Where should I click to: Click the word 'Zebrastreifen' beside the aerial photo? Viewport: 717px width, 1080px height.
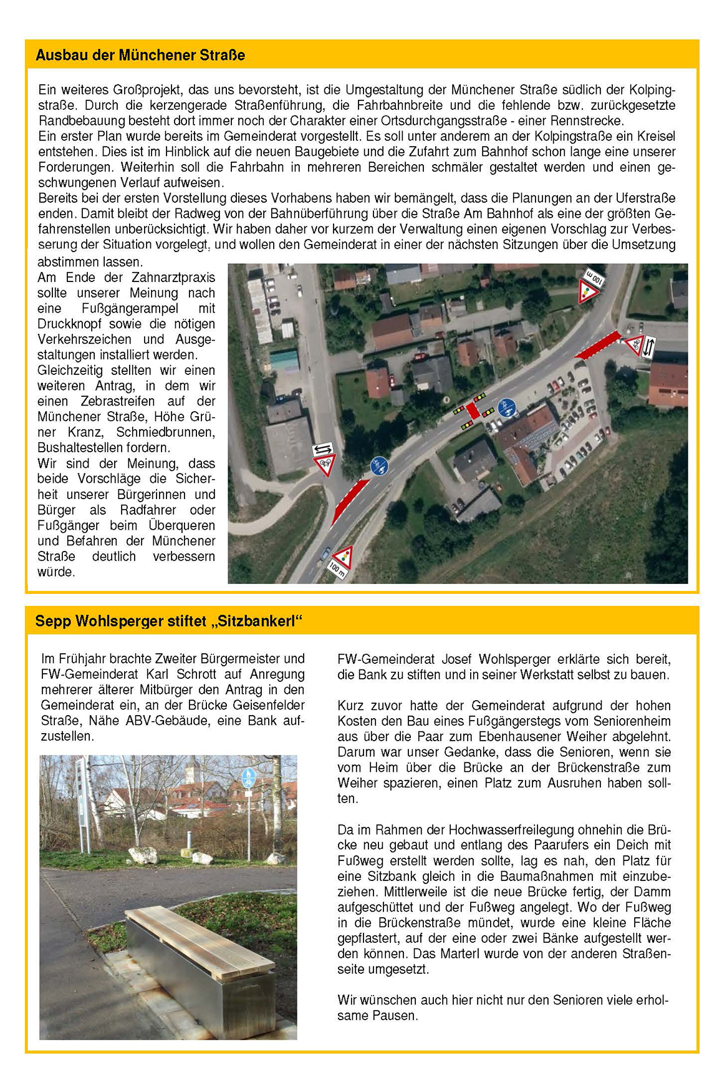point(119,401)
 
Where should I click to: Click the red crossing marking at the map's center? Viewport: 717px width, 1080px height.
point(473,411)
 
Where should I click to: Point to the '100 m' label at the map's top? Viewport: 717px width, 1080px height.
point(594,278)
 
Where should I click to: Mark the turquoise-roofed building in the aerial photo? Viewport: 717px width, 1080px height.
point(284,359)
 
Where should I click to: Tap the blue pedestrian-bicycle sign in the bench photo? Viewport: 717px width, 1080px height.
point(248,777)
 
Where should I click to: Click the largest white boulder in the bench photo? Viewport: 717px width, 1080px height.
point(143,855)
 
